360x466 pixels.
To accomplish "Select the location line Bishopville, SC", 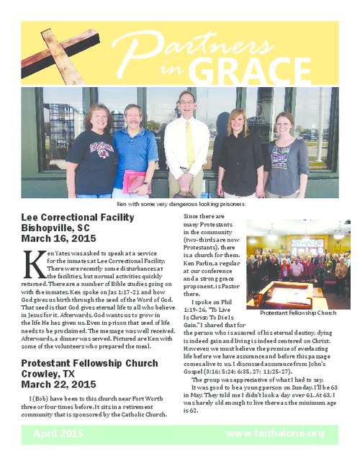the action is (60, 228).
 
